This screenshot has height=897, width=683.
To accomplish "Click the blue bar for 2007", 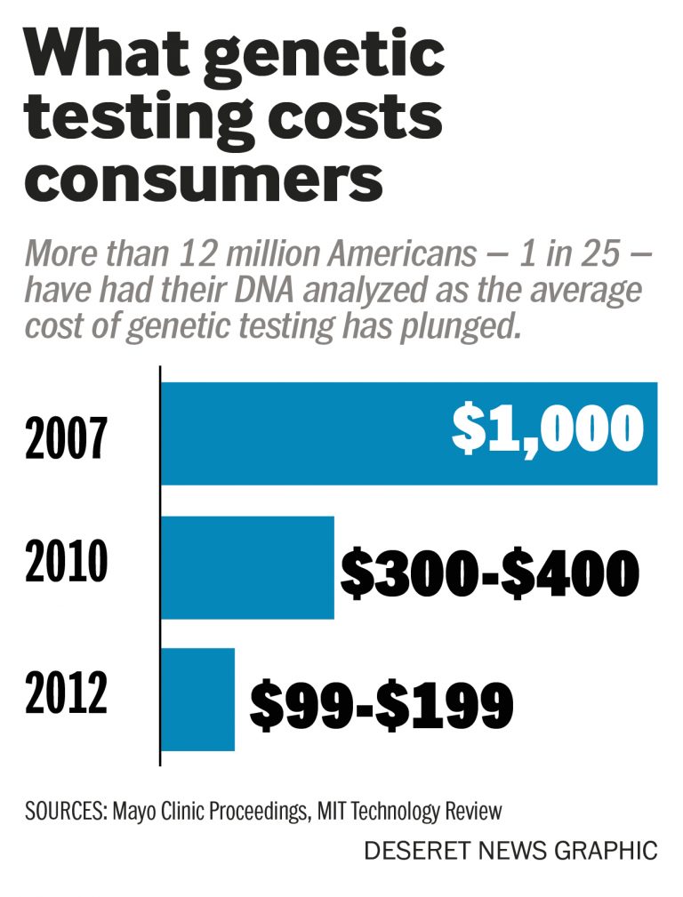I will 302,434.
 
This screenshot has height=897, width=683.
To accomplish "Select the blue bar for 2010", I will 247,567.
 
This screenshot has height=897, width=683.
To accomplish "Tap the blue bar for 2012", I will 197,699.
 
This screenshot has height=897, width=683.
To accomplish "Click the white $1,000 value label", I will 547,429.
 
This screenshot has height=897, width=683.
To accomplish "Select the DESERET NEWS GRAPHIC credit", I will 510,851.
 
